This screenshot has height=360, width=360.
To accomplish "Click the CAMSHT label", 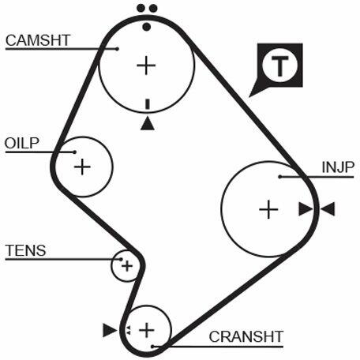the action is pos(38,40).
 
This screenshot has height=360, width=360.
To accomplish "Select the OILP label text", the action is pos(22,143).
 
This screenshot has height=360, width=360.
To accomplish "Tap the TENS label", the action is pos(25,250).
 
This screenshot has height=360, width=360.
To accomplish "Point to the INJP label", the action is pos(338,167).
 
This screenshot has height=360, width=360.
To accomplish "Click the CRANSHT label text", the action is pos(246,336).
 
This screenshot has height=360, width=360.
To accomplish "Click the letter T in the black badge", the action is pos(279,66).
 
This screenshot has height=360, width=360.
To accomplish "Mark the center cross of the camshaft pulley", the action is pos(146,66).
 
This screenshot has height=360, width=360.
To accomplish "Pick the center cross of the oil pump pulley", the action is pos(82,167).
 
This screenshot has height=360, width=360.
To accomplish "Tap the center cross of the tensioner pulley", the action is pos(127,266).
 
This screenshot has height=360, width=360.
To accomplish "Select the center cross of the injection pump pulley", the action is pos(268,209).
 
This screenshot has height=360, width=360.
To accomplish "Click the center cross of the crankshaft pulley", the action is pos(147,330).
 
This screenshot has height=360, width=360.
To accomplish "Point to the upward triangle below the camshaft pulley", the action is pos(148,123).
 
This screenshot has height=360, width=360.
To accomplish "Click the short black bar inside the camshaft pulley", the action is pos(148,104).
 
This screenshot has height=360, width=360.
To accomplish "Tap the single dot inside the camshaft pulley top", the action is pos(147,27).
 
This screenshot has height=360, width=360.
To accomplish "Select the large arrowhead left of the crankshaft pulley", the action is pos(110,330).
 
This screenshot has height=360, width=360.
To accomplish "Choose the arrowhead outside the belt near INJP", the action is pos(328,209).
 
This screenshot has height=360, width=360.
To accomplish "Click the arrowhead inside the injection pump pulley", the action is pos(306,209).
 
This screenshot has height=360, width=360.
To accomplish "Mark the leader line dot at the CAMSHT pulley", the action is pos(118,49).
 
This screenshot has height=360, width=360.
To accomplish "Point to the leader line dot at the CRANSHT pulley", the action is pos(152,347).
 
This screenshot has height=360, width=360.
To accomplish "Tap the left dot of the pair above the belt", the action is pos(141,8).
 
